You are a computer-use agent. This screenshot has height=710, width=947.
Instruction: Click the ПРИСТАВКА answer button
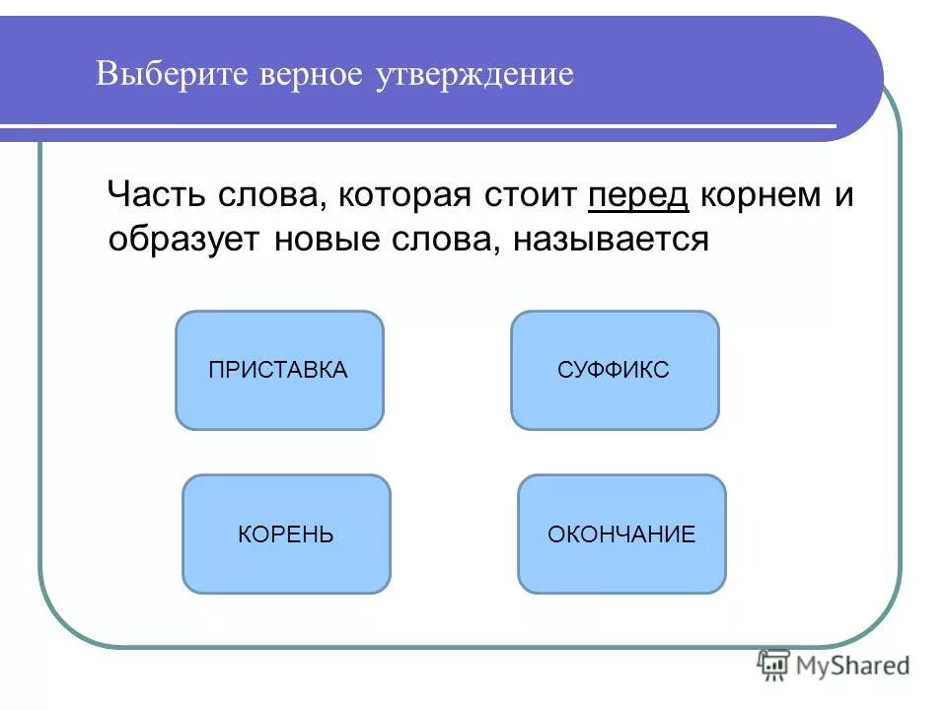[279, 371]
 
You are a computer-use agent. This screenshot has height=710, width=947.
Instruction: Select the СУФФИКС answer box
[615, 371]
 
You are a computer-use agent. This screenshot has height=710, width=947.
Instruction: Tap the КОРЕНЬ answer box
[286, 534]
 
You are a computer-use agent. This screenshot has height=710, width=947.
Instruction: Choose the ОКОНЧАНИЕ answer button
[621, 534]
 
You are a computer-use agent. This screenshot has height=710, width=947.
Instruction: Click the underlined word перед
[637, 195]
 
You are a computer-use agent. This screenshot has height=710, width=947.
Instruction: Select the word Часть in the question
[156, 195]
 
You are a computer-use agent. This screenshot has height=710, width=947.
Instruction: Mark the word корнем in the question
[763, 195]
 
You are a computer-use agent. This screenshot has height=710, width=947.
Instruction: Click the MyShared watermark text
[851, 666]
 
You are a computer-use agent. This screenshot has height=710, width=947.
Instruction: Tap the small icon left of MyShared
[772, 666]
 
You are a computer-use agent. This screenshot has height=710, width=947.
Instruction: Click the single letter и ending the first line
[844, 195]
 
